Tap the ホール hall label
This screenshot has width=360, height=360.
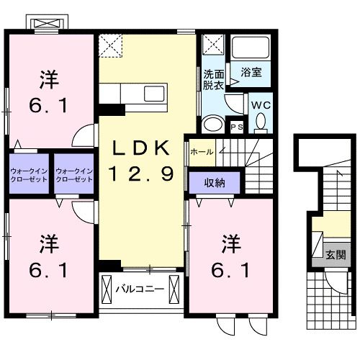[201, 152]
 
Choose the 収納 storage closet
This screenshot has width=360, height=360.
[214, 183]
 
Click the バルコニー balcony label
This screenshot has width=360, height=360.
[140, 290]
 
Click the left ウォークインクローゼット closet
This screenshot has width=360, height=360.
[29, 174]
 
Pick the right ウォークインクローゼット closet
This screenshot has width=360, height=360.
[74, 174]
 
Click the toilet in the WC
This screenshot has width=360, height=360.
[260, 124]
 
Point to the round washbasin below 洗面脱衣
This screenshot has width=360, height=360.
[213, 125]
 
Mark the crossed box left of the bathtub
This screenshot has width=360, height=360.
[214, 45]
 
